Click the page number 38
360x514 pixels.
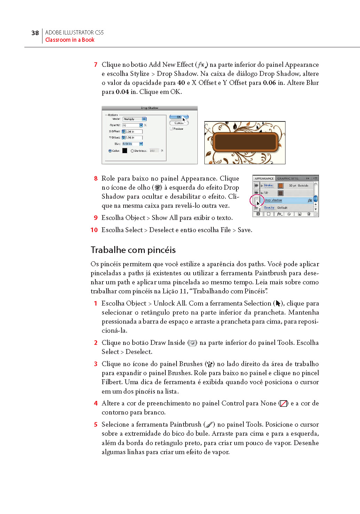pyautogui.click(x=35, y=33)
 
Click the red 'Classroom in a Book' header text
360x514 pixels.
pyautogui.click(x=70, y=40)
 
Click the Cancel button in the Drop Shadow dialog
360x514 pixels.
pyautogui.click(x=179, y=123)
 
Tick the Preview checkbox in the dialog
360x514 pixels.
pyautogui.click(x=171, y=129)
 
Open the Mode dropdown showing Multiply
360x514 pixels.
pyautogui.click(x=134, y=119)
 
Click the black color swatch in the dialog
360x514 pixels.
pyautogui.click(x=125, y=151)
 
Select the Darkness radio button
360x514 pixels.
pyautogui.click(x=132, y=151)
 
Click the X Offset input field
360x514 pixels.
pyautogui.click(x=133, y=132)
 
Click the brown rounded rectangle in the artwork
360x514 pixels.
pyautogui.click(x=245, y=142)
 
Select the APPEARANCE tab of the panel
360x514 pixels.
pyautogui.click(x=264, y=179)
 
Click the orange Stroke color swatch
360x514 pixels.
pyautogui.click(x=281, y=185)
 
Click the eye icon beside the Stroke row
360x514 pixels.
pyautogui.click(x=256, y=185)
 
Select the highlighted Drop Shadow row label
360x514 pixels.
pyautogui.click(x=273, y=200)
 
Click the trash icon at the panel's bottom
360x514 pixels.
pyautogui.click(x=308, y=214)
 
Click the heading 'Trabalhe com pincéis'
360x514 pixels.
pyautogui.click(x=133, y=250)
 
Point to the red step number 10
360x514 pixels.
pyautogui.click(x=94, y=230)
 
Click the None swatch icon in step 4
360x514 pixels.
pyautogui.click(x=283, y=403)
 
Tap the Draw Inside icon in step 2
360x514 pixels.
pyautogui.click(x=192, y=343)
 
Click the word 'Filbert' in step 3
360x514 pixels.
pyautogui.click(x=111, y=382)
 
